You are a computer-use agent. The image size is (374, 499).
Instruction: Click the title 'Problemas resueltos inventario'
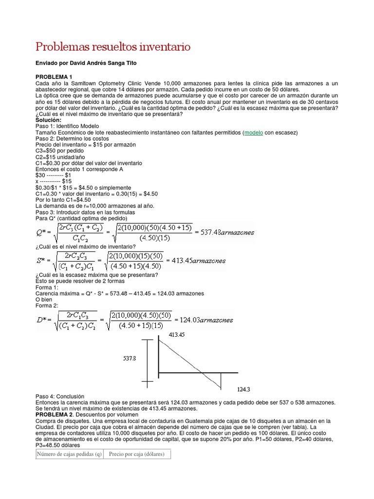pyautogui.click(x=113, y=47)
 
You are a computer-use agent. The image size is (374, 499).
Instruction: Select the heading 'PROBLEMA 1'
pyautogui.click(x=54, y=77)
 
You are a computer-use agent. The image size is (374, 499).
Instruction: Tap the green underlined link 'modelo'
pyautogui.click(x=254, y=133)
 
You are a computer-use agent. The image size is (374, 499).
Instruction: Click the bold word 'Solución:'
pyautogui.click(x=49, y=120)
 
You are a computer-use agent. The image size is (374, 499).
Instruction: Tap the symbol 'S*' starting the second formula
pyautogui.click(x=43, y=261)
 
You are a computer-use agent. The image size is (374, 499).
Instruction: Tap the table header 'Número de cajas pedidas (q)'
pyautogui.click(x=68, y=454)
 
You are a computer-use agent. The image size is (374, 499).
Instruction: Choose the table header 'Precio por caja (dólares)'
pyautogui.click(x=137, y=454)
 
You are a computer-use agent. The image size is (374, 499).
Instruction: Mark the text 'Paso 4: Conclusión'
pyautogui.click(x=60, y=397)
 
